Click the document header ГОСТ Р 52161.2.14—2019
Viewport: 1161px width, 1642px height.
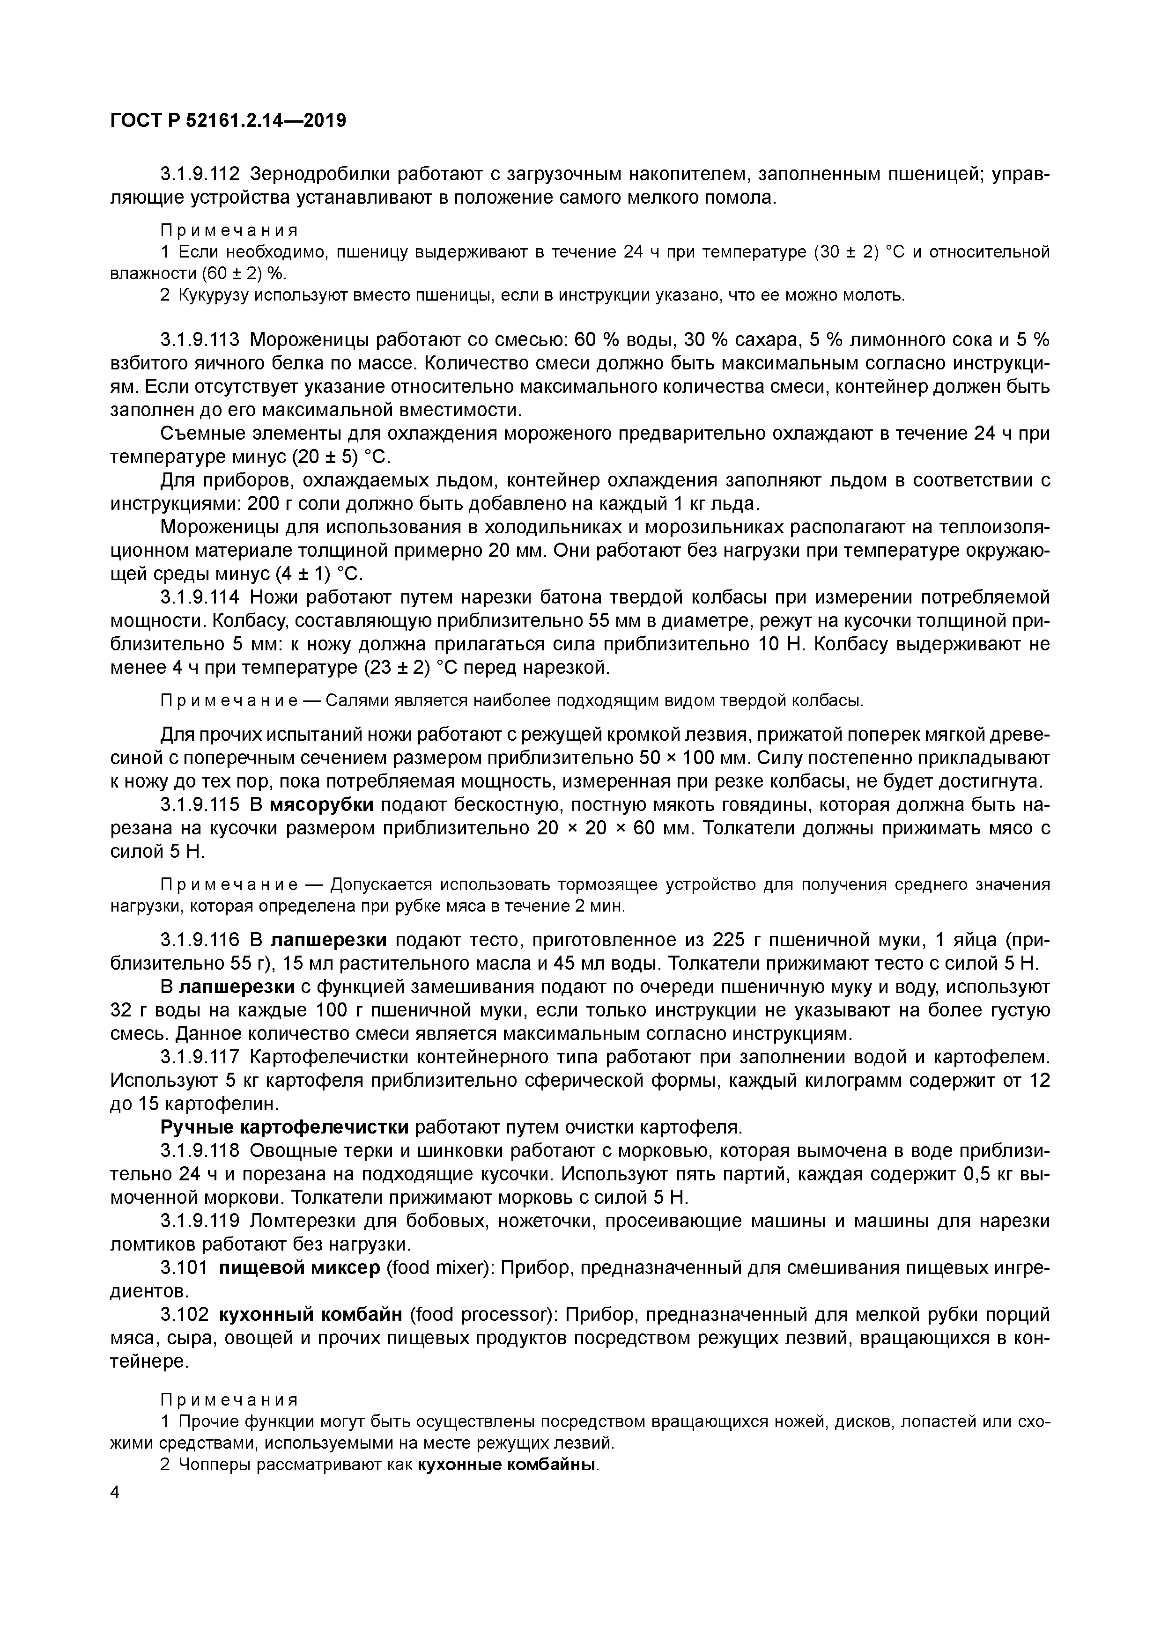(228, 121)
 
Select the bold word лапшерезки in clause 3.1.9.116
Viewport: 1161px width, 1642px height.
(329, 939)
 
